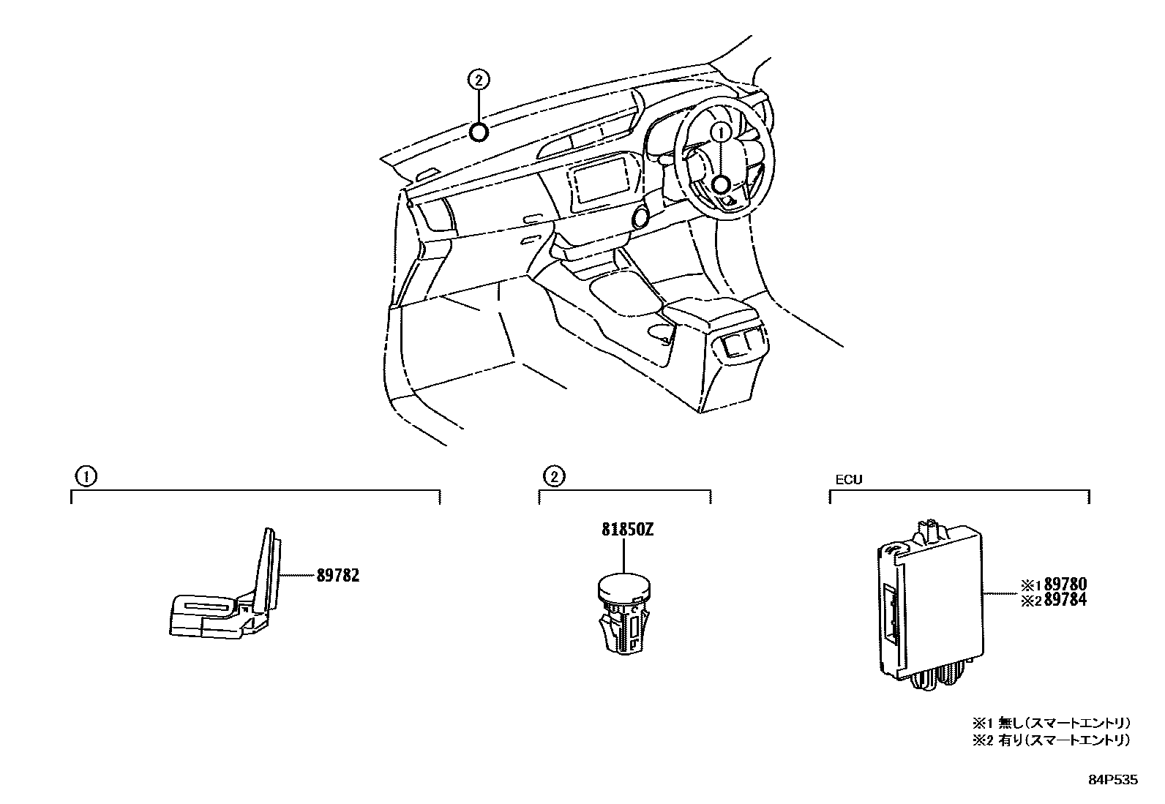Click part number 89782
[x=338, y=576]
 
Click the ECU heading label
[x=849, y=480]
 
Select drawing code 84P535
[x=1113, y=781]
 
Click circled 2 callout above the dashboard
[x=478, y=80]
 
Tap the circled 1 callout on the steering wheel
[x=720, y=132]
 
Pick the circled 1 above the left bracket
[x=86, y=477]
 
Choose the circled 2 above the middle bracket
[x=554, y=477]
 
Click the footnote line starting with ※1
[x=1052, y=722]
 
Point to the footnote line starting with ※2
[x=1052, y=740]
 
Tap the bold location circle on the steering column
[x=720, y=186]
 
